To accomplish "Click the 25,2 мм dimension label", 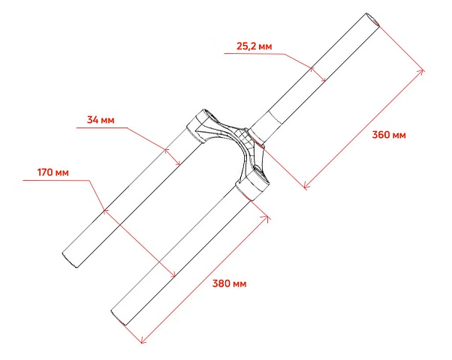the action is (254, 46).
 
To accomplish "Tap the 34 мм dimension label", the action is (101, 119).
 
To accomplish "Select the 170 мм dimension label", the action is (53, 172).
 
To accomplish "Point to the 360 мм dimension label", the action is (389, 135).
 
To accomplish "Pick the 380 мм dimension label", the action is (229, 283).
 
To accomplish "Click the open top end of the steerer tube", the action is (373, 19).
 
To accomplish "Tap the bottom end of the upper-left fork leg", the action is (70, 260).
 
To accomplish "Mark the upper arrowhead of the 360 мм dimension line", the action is (423, 70).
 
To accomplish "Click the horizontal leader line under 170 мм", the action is (56, 181).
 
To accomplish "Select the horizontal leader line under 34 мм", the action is (102, 127).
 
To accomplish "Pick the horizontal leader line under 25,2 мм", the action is (255, 53).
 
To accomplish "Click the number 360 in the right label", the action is (381, 135).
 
